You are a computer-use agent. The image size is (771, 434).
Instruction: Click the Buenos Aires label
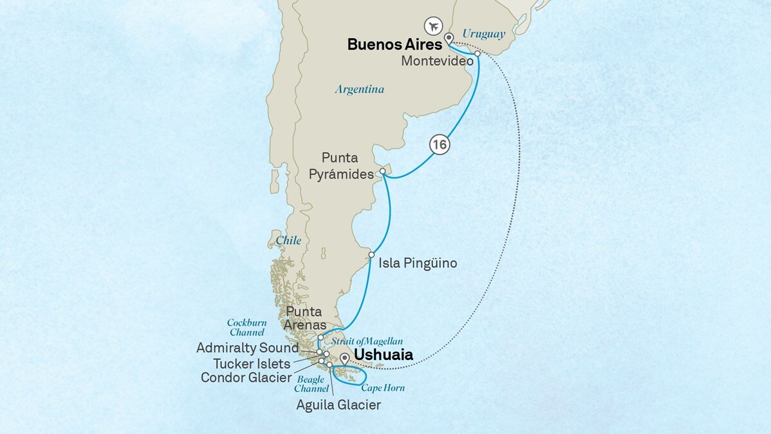tap(395, 44)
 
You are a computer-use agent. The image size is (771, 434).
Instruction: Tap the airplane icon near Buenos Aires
tap(433, 27)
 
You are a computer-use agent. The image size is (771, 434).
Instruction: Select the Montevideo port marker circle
tap(478, 54)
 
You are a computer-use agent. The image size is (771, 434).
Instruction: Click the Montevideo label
tap(437, 61)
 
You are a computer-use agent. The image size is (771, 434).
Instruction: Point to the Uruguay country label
tap(484, 33)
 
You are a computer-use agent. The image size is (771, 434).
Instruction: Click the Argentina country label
tap(359, 90)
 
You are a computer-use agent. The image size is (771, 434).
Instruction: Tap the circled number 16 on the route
tap(440, 145)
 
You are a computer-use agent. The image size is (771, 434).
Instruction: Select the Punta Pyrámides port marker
tap(382, 171)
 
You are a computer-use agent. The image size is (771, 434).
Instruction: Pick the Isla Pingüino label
tap(418, 263)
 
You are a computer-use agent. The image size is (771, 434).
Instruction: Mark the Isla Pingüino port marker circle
tap(371, 255)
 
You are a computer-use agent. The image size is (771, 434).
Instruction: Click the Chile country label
tap(288, 240)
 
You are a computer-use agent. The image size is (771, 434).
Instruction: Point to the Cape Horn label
tap(382, 388)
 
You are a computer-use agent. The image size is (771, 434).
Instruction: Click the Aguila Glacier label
tap(339, 405)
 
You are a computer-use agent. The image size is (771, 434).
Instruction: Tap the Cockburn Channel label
tap(245, 327)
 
